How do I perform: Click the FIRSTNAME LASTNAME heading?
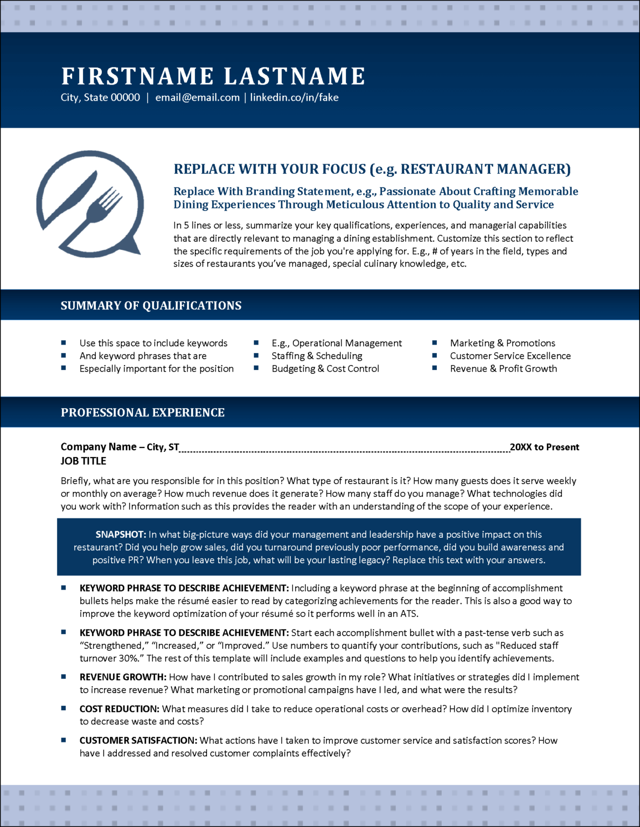pyautogui.click(x=213, y=76)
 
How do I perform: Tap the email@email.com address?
pyautogui.click(x=197, y=97)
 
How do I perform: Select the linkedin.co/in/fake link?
pyautogui.click(x=294, y=97)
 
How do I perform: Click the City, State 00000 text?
pyautogui.click(x=100, y=97)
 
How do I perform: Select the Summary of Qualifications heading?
pyautogui.click(x=151, y=306)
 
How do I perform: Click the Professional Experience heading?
pyautogui.click(x=142, y=412)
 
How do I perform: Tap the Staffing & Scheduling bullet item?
pyautogui.click(x=317, y=356)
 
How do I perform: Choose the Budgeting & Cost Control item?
pyautogui.click(x=325, y=369)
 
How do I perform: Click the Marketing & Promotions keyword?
pyautogui.click(x=503, y=343)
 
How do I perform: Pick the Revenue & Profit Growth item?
pyautogui.click(x=503, y=369)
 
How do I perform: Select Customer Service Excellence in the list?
pyautogui.click(x=510, y=356)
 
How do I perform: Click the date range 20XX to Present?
pyautogui.click(x=544, y=447)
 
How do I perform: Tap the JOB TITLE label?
pyautogui.click(x=84, y=461)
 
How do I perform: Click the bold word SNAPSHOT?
pyautogui.click(x=121, y=535)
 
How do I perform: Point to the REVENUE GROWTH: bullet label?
pyautogui.click(x=123, y=677)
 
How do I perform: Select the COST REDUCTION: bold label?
pyautogui.click(x=119, y=709)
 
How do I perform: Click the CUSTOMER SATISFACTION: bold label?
pyautogui.click(x=138, y=741)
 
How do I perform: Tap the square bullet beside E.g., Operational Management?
pyautogui.click(x=256, y=343)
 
